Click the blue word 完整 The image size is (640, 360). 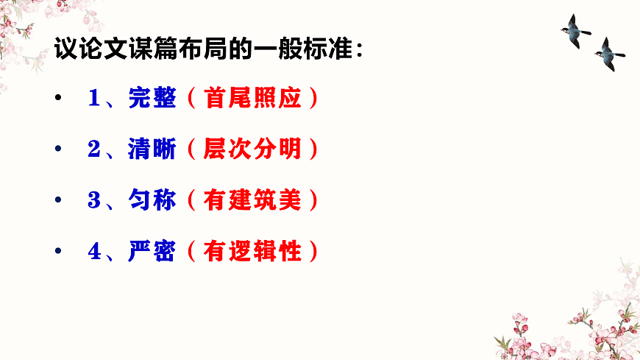pos(152,99)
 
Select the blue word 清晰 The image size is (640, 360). pos(152,150)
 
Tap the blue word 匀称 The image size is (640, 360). pos(152,201)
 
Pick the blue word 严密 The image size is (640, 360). pos(152,252)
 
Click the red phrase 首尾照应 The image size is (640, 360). pos(253,99)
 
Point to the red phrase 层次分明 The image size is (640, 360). pos(253,150)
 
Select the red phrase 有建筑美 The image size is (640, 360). pos(253,201)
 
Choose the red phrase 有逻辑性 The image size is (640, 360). pos(253,252)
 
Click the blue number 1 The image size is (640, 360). pos(93,99)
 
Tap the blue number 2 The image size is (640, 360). pos(93,150)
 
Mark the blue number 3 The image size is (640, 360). pos(93,201)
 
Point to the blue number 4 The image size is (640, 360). pos(93,252)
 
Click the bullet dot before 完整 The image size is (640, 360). pos(58,100)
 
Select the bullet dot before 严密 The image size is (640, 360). pos(58,253)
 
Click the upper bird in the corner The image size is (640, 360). pos(575,31)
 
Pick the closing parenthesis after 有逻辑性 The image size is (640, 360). pos(314,252)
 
